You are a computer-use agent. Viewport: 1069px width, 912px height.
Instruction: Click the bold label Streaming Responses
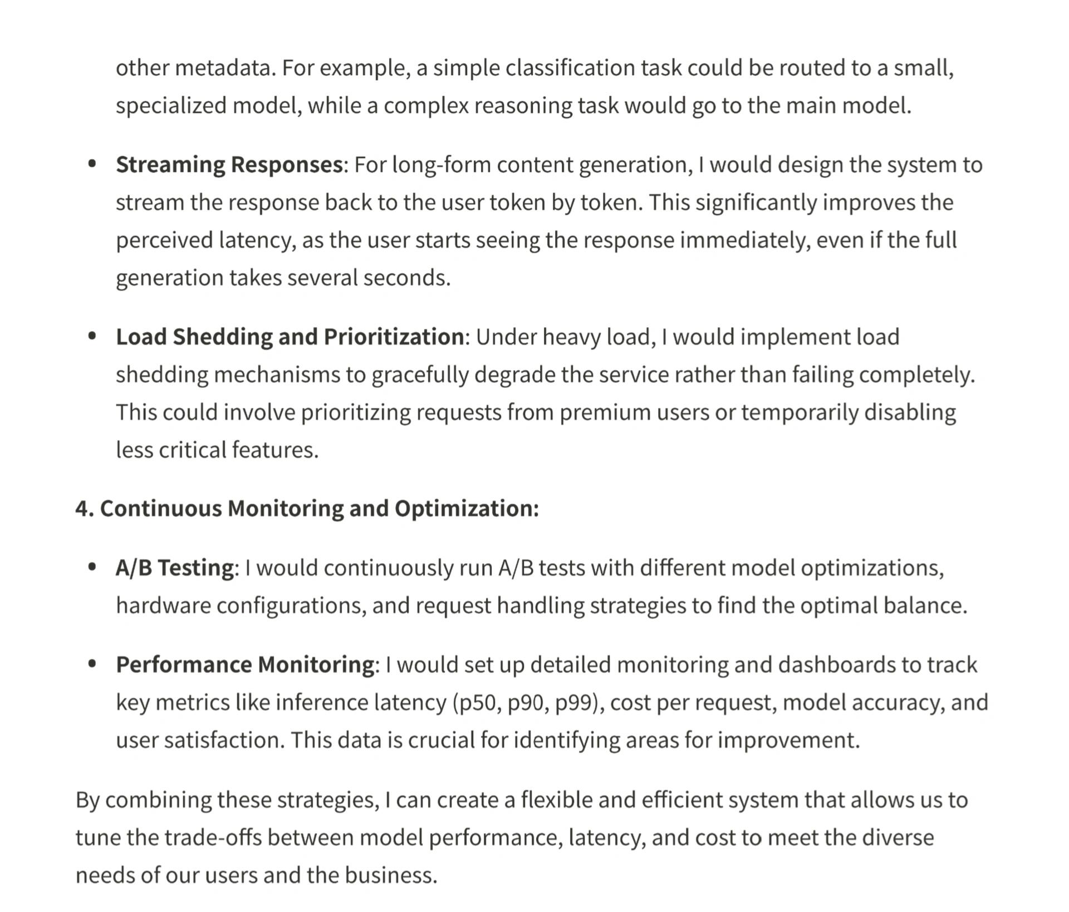click(x=229, y=165)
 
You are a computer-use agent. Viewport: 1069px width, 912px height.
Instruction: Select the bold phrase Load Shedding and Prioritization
click(x=290, y=337)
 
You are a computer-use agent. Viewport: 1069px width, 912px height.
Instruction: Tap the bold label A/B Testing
click(x=175, y=568)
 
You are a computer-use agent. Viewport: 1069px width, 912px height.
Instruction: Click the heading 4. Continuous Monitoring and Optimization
click(x=307, y=509)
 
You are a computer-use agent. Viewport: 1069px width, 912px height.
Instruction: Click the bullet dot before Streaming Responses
click(x=92, y=164)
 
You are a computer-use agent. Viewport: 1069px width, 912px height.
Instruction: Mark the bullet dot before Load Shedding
click(x=92, y=336)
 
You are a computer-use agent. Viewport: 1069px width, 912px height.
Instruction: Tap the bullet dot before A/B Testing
click(x=92, y=567)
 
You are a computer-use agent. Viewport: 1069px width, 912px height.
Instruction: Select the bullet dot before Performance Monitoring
click(x=92, y=664)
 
